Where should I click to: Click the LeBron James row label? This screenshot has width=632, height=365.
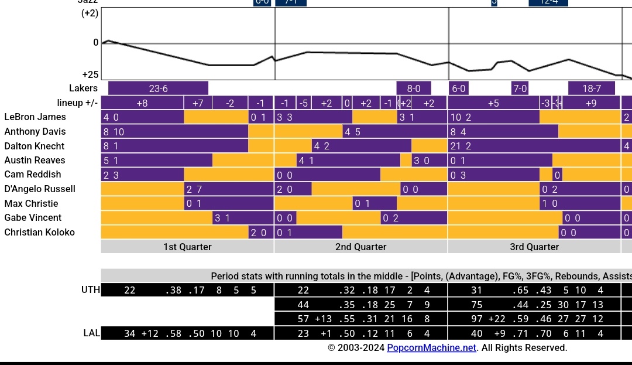35,117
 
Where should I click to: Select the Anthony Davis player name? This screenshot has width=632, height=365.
35,132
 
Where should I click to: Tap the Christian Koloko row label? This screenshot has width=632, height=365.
40,232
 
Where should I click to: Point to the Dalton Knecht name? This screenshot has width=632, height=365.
35,146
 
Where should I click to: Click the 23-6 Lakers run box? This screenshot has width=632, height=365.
158,88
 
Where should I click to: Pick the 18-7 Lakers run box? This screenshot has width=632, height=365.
592,88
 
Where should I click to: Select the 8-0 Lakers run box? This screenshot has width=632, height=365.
414,88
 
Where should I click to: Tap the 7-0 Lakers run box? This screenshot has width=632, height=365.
520,88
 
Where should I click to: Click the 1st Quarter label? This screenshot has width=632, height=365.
187,247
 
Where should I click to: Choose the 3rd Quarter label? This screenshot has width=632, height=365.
534,247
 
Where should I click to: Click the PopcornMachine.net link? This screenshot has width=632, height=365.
431,348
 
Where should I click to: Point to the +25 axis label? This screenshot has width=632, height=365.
90,74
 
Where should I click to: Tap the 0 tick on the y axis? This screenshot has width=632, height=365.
96,43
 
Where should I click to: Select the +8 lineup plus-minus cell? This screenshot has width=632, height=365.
142,103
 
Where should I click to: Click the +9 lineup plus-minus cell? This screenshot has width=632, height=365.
591,103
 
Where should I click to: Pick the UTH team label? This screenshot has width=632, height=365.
91,290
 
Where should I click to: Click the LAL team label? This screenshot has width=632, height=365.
91,333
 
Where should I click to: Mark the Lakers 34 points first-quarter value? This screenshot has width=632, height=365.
130,333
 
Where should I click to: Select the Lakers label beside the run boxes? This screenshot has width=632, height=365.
83,88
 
